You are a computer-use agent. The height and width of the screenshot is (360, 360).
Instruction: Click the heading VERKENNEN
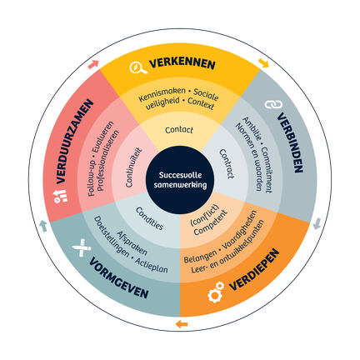[182, 63]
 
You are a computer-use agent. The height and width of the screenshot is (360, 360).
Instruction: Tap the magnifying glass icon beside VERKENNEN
[137, 67]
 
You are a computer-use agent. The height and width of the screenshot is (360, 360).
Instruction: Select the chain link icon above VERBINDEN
[273, 104]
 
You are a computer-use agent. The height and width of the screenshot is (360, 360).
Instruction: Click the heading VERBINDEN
[290, 142]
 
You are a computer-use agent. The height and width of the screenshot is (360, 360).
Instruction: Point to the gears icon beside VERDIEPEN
[216, 292]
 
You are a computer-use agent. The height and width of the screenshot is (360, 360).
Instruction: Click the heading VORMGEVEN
[119, 278]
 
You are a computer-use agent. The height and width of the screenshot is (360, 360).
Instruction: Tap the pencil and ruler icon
[82, 247]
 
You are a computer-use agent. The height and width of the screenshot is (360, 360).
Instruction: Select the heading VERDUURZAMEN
[74, 141]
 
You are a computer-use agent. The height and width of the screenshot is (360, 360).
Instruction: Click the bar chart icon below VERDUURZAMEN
[61, 196]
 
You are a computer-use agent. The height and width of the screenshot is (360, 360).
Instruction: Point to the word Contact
[179, 130]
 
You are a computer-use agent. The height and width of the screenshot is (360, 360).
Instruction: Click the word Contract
[227, 164]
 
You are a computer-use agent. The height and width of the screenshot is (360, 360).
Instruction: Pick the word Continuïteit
[133, 167]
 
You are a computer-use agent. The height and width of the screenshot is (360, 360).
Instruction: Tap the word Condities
[149, 219]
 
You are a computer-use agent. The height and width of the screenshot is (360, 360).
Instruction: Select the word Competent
[210, 222]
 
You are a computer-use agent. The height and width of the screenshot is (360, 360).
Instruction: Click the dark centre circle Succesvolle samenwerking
[180, 180]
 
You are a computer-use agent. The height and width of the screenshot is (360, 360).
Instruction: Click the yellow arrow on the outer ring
[263, 63]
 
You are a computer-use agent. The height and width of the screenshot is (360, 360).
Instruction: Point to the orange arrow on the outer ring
[182, 323]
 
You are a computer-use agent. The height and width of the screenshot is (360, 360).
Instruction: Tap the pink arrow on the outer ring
[93, 64]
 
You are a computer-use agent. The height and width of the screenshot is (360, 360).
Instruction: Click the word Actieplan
[152, 266]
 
